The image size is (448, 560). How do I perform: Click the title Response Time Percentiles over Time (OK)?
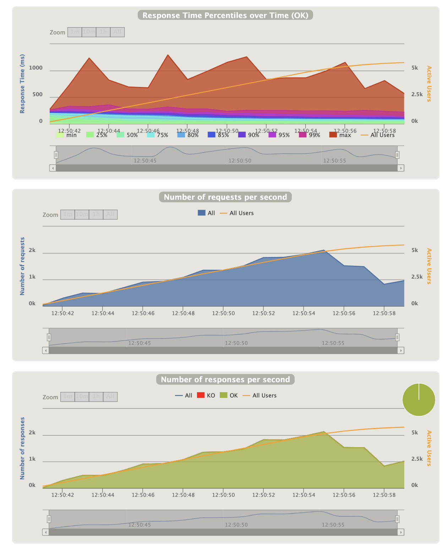click(225, 15)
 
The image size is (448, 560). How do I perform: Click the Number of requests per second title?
click(225, 197)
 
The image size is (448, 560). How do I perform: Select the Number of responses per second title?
click(225, 380)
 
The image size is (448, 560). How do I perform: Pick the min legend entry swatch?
click(60, 135)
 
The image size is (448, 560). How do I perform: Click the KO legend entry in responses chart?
click(206, 395)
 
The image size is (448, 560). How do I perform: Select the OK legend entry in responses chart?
click(229, 395)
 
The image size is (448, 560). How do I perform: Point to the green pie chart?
click(419, 400)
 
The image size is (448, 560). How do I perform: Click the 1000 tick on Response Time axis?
click(35, 68)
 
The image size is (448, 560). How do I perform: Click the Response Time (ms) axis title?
click(22, 84)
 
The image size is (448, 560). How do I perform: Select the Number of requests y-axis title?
click(22, 266)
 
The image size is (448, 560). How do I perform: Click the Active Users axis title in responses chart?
click(429, 448)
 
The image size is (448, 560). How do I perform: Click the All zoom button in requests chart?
click(110, 214)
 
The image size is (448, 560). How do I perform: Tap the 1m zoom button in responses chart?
click(67, 397)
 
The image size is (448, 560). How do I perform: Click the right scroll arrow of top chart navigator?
click(401, 168)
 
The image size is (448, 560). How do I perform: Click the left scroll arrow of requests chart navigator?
click(45, 351)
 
